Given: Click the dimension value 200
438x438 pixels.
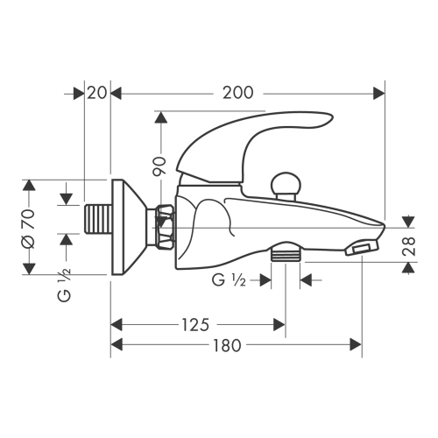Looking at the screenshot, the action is [x=237, y=93].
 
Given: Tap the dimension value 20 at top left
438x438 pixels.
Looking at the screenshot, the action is [x=97, y=93].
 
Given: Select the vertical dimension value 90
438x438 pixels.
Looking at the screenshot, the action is [x=159, y=166].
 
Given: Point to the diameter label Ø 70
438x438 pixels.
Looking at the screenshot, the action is [x=28, y=229].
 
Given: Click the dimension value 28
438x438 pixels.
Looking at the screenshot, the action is [x=409, y=246].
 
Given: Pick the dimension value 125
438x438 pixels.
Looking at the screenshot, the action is [x=195, y=325].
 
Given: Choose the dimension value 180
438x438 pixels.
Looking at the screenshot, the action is [x=227, y=345].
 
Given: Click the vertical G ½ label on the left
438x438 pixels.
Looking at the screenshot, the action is [x=64, y=286].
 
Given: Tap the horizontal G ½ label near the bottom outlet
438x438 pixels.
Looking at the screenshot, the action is [x=229, y=280].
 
